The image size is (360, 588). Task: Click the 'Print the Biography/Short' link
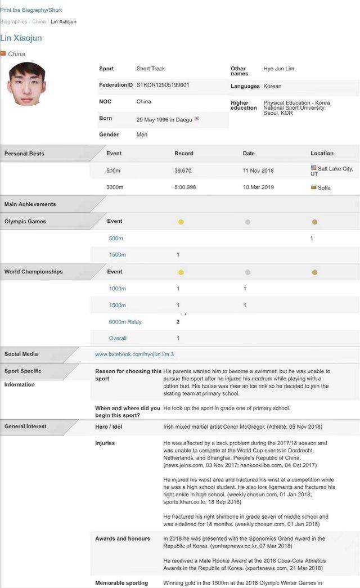[x=31, y=10]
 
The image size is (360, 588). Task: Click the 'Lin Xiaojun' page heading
[x=21, y=38]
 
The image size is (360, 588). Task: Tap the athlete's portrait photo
[x=26, y=84]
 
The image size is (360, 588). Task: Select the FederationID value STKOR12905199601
[x=163, y=85]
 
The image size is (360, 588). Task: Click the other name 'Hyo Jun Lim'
[x=278, y=69]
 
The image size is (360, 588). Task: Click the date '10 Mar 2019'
[x=258, y=187]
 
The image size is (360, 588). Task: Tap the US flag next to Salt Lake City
[x=313, y=168]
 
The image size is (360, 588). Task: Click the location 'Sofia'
[x=324, y=187]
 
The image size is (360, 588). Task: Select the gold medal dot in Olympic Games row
[x=181, y=222]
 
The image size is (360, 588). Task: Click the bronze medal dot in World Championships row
[x=314, y=272]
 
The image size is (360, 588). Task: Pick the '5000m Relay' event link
[x=125, y=322]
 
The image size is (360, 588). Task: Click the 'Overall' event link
[x=118, y=338]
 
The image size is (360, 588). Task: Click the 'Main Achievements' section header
[x=30, y=204]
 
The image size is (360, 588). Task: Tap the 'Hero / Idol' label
[x=109, y=427]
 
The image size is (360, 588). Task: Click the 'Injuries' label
[x=105, y=443]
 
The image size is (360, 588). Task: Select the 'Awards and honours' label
[x=123, y=538]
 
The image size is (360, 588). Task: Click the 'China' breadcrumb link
[x=39, y=22]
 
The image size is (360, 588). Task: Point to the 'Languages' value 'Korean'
[x=272, y=86]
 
